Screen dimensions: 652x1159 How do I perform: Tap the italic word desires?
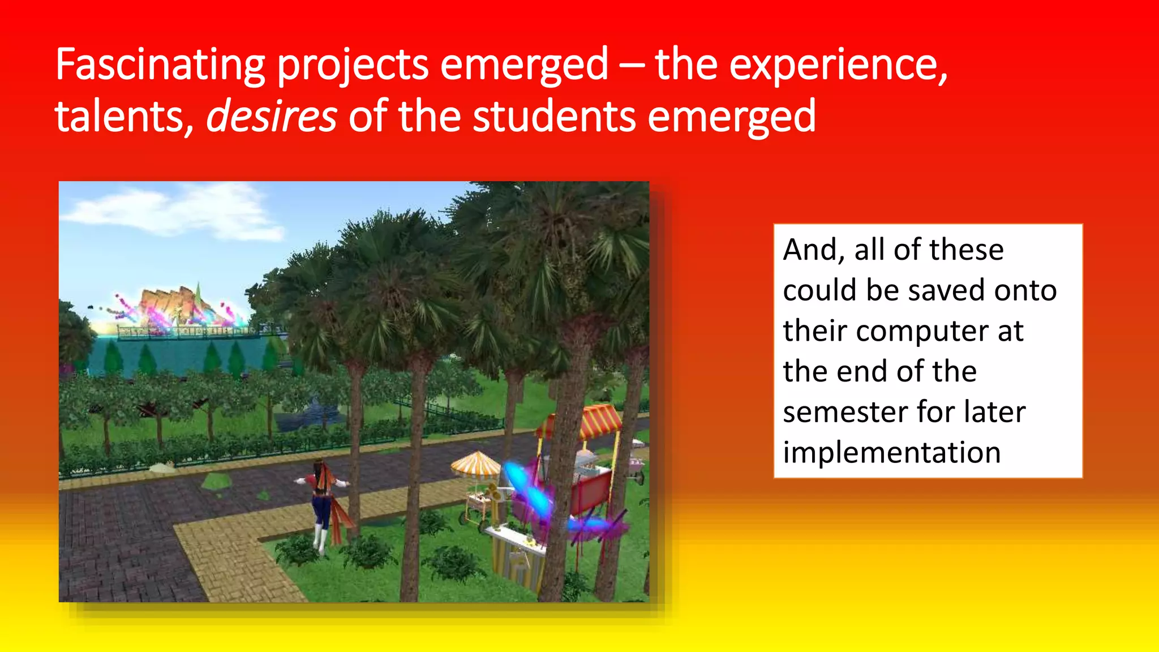coord(272,116)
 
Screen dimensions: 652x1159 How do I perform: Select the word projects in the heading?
coord(353,66)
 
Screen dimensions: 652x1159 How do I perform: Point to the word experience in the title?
coord(838,66)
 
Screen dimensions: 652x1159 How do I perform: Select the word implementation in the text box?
coord(892,453)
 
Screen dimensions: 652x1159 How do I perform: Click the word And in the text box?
coord(814,250)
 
